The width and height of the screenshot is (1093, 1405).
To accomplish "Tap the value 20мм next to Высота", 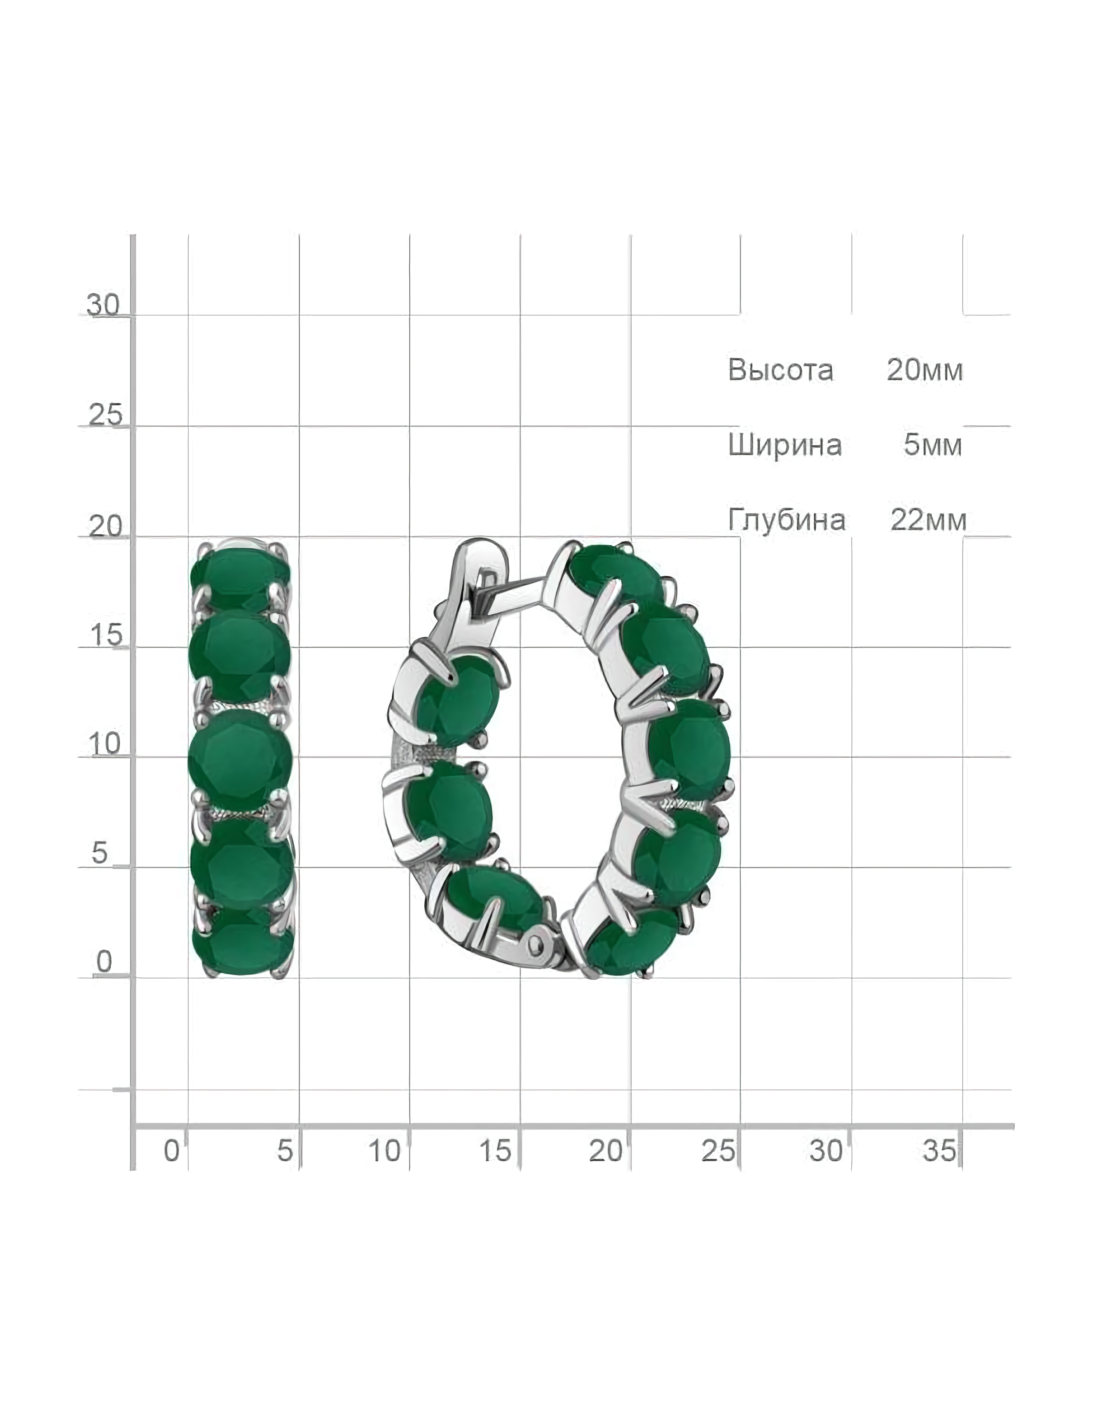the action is pyautogui.click(x=924, y=370).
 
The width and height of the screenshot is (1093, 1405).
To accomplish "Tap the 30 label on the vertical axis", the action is pyautogui.click(x=103, y=304).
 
